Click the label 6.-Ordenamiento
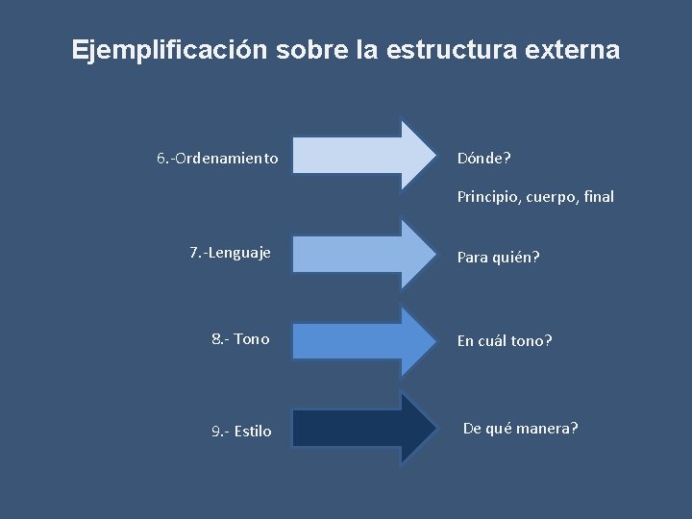tap(218, 157)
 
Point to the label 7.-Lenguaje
tap(231, 253)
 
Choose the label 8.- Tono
tap(240, 338)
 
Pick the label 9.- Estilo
tap(241, 431)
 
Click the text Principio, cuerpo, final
tap(535, 197)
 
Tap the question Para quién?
tap(498, 258)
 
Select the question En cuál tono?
tap(505, 340)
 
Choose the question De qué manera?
tap(521, 428)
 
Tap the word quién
tap(515, 258)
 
